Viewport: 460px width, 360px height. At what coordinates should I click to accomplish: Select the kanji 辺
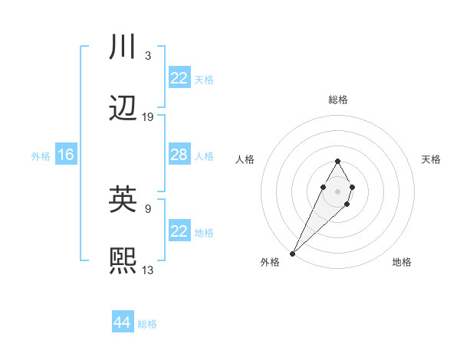click(x=123, y=110)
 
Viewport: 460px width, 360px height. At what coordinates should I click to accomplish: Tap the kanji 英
click(x=123, y=201)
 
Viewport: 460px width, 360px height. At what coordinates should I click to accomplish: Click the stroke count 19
click(x=148, y=117)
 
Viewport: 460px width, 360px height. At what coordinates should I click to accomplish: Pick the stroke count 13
click(x=148, y=270)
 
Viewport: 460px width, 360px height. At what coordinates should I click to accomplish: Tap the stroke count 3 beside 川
click(x=147, y=56)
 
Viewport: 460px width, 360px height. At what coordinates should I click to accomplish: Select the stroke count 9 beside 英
click(x=147, y=208)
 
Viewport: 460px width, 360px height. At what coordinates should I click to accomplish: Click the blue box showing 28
click(x=179, y=155)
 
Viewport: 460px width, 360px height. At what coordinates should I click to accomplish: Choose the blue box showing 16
click(x=65, y=155)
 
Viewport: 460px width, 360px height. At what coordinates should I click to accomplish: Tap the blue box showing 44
click(x=122, y=322)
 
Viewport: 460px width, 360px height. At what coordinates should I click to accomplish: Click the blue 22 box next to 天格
click(x=179, y=78)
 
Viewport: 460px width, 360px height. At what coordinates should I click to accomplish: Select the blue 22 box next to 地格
click(x=179, y=231)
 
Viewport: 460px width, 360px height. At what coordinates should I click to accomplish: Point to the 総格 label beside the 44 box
click(x=147, y=324)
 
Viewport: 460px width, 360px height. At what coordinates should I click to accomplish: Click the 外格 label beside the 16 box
click(x=41, y=156)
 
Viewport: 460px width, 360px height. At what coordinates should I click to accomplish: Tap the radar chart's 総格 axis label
click(x=337, y=100)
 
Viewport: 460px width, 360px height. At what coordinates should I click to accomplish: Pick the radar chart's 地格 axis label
click(x=402, y=262)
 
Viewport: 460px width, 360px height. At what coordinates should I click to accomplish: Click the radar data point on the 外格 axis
click(x=292, y=253)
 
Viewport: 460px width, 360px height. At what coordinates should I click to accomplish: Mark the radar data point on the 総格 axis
click(x=337, y=161)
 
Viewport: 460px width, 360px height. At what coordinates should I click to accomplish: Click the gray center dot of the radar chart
click(x=337, y=190)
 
